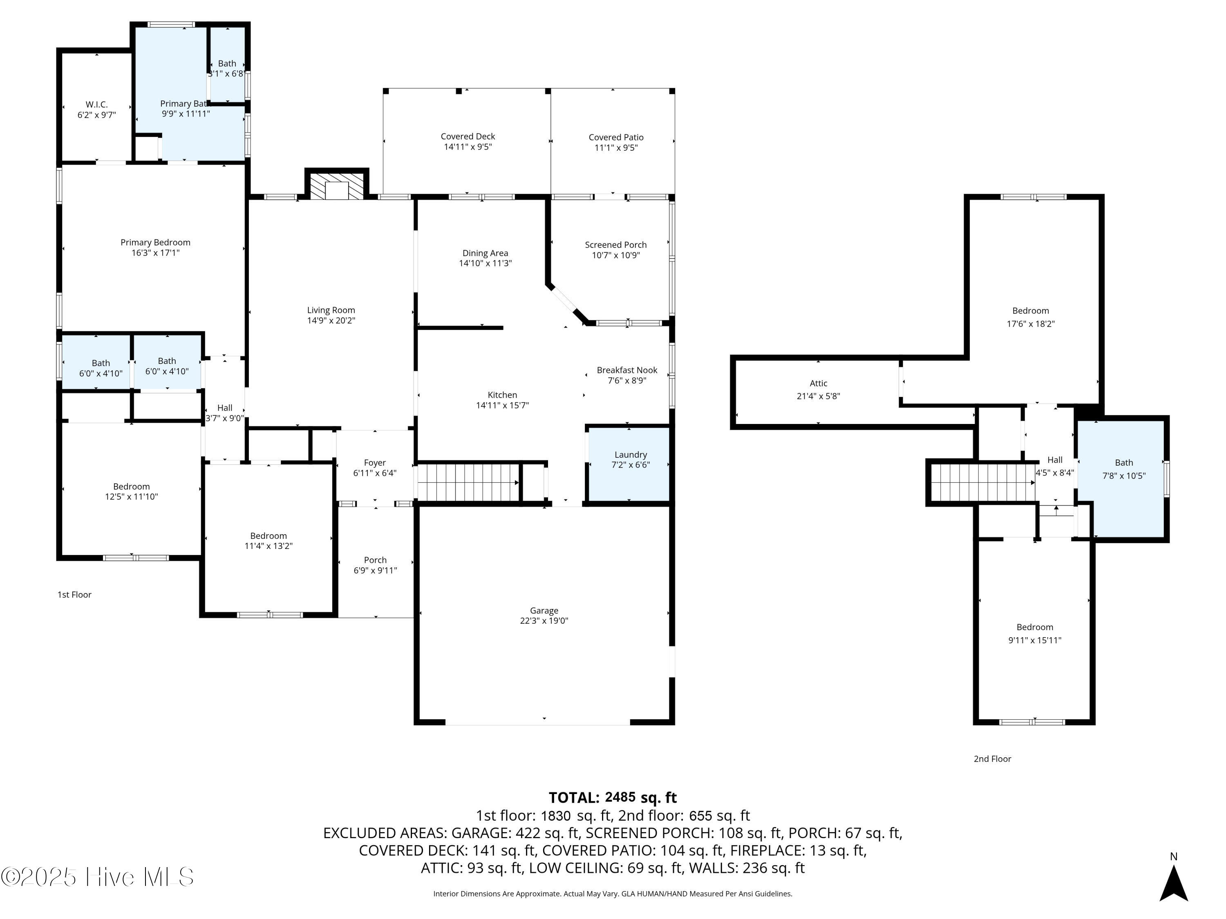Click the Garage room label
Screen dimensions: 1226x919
tap(544, 611)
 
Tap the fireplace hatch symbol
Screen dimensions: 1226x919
tap(336, 187)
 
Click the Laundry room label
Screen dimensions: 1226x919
tap(630, 455)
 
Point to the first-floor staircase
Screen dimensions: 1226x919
tap(468, 482)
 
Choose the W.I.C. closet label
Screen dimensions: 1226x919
tap(96, 105)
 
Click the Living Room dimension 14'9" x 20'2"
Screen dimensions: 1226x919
tap(331, 321)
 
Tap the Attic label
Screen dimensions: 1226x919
tap(818, 384)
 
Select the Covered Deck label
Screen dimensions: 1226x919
tap(468, 136)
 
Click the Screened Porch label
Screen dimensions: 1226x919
tap(616, 245)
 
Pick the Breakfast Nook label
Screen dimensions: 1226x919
tap(627, 370)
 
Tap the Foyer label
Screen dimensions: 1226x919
tap(375, 462)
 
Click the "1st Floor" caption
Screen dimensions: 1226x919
tap(74, 594)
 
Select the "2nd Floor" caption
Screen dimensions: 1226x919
tap(992, 759)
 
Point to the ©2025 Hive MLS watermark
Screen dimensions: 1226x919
tap(98, 877)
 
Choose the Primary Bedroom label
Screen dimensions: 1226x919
tap(155, 243)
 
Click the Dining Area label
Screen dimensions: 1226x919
tap(485, 253)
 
